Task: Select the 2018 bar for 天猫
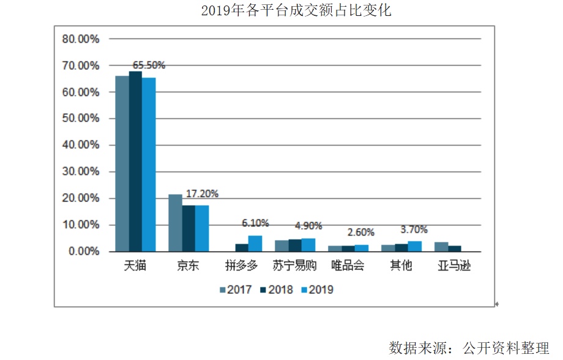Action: click(135, 162)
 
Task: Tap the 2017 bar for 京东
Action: click(175, 223)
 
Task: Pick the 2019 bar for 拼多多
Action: click(255, 244)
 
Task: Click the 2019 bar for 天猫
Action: click(149, 165)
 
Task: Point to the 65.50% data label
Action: click(149, 65)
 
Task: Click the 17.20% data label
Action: click(202, 193)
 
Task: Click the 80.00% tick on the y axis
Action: click(81, 39)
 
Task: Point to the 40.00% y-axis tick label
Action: click(81, 145)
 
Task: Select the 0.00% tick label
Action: click(83, 252)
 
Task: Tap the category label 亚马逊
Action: click(454, 266)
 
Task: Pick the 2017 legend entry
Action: click(236, 290)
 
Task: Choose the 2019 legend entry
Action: click(317, 290)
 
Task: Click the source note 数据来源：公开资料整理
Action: click(469, 348)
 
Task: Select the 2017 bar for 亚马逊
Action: click(441, 247)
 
